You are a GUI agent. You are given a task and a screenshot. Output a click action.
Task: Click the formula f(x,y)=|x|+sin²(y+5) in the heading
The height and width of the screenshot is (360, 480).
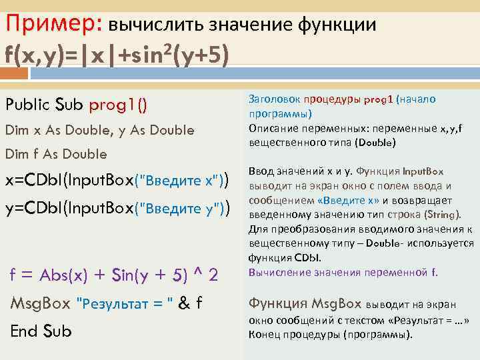(x=117, y=55)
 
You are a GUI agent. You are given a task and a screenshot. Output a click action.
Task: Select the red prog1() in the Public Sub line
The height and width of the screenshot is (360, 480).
(x=119, y=105)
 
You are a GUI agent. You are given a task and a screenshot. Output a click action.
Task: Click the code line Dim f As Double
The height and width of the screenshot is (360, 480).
(x=56, y=154)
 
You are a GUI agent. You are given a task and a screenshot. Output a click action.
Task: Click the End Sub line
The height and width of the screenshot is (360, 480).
(x=41, y=331)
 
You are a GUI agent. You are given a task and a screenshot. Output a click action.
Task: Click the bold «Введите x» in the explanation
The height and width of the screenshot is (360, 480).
(x=349, y=201)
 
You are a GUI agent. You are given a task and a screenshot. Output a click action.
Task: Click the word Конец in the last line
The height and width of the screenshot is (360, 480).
(x=263, y=334)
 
